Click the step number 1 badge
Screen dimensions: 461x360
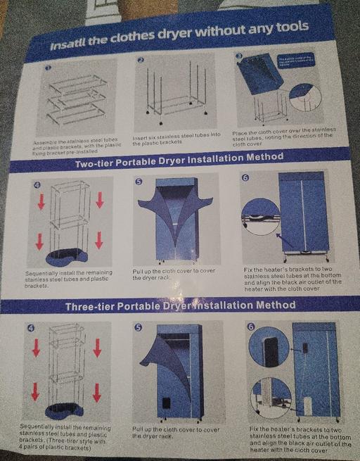(x=48, y=68)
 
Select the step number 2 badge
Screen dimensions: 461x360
(x=141, y=61)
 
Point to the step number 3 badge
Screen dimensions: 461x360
(x=239, y=56)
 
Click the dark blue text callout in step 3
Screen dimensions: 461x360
(x=299, y=61)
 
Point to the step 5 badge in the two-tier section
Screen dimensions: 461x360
(x=139, y=182)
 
